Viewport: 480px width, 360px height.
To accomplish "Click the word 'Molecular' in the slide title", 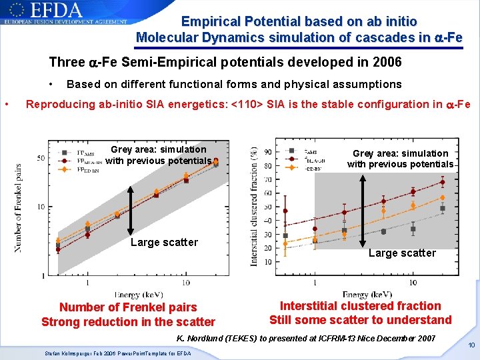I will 164,37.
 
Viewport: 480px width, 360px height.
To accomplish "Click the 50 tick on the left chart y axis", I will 41,158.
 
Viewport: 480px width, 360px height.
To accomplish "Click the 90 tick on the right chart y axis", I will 267,152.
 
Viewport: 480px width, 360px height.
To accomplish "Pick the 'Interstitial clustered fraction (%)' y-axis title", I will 253,207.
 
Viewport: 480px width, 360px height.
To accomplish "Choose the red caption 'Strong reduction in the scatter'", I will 128,322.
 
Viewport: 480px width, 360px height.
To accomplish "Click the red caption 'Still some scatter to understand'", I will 360,320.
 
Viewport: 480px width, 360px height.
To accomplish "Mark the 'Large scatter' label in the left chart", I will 164,242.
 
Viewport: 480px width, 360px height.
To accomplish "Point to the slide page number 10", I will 471,345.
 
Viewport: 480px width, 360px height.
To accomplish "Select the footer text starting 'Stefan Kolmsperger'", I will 117,353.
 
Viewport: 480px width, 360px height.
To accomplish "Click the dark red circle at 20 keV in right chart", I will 442,182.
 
